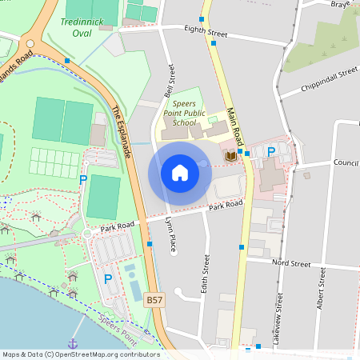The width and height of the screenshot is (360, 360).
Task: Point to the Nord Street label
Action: [x=290, y=263]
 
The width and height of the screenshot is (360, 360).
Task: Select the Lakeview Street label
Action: [x=279, y=313]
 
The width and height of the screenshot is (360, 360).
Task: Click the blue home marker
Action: [x=180, y=173]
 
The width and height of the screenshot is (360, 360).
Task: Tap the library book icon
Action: [x=230, y=154]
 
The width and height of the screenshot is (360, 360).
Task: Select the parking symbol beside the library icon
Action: [x=270, y=152]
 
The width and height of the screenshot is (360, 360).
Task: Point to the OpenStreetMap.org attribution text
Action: [x=100, y=354]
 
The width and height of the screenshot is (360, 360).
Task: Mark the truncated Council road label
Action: [x=346, y=163]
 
